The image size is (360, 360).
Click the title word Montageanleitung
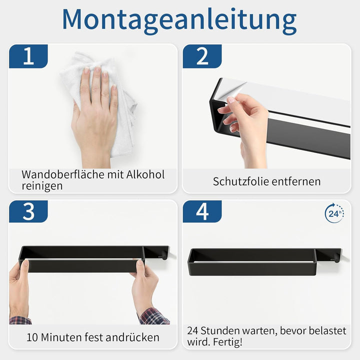pyautogui.click(x=179, y=20)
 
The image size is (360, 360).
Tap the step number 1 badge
pyautogui.click(x=28, y=56)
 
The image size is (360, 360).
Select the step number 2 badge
pyautogui.click(x=202, y=56)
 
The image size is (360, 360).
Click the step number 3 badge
pyautogui.click(x=28, y=211)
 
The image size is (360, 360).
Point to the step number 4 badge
pyautogui.click(x=202, y=211)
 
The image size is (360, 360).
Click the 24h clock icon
pyautogui.click(x=334, y=213)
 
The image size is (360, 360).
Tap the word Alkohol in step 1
pyautogui.click(x=145, y=174)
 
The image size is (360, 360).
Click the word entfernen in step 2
pyautogui.click(x=296, y=181)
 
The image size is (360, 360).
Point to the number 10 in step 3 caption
pyautogui.click(x=32, y=337)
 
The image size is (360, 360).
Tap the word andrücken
pyautogui.click(x=132, y=337)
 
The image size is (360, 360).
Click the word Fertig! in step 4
pyautogui.click(x=227, y=342)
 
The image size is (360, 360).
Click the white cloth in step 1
pyautogui.click(x=101, y=103)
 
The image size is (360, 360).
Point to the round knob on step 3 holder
pyautogui.click(x=164, y=256)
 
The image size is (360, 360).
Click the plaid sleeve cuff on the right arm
pyautogui.click(x=154, y=316)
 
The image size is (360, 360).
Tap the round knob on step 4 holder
pyautogui.click(x=337, y=258)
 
